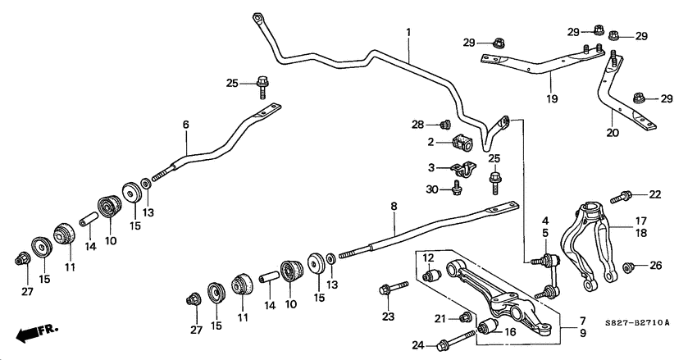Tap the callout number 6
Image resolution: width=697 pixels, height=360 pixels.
coord(186,124)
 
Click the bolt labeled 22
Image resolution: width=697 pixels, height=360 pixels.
coord(625,196)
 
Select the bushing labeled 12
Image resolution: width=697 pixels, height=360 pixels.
coord(434,274)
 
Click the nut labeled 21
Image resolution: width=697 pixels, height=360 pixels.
coord(465,317)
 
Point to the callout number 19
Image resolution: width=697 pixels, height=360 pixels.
coord(550,99)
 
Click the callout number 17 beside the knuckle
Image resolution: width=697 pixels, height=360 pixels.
coord(641,220)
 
